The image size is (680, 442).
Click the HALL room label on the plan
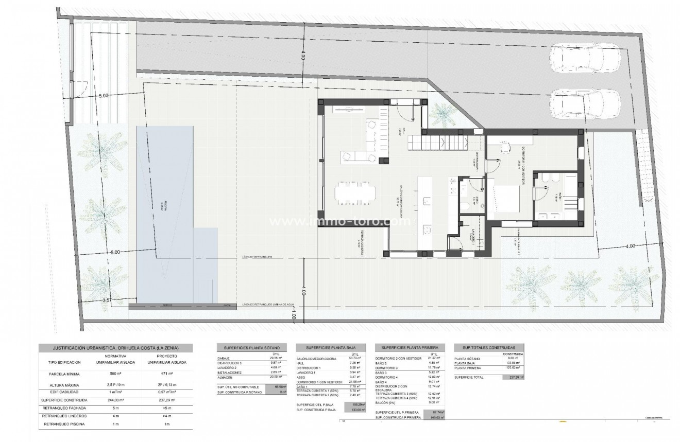point(405,133)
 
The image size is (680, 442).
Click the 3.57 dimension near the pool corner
point(107,299)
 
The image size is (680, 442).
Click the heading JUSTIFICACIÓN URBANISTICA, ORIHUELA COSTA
point(115,348)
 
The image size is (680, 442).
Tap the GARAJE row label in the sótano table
point(224,358)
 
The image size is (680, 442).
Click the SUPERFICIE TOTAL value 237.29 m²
point(513,377)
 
